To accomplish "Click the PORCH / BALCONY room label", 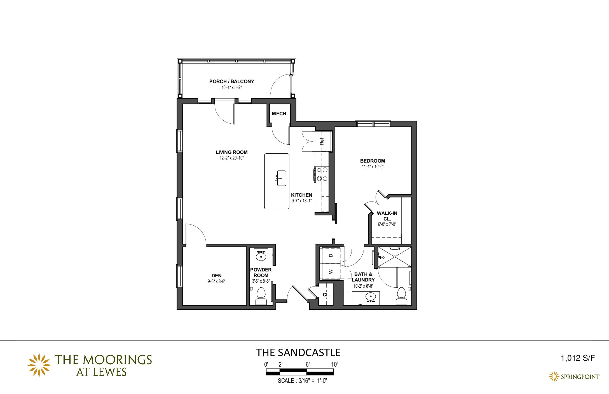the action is [232, 81].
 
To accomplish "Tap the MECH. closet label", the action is [280, 114].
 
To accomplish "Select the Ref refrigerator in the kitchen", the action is [322, 141].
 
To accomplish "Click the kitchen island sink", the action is [281, 178].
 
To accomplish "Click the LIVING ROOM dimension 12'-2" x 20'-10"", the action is [232, 158].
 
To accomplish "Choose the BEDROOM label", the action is [373, 161].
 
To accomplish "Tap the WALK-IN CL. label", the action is [387, 216].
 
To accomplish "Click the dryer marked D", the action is [331, 255].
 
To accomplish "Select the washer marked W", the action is [331, 271].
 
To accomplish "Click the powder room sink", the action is [261, 256].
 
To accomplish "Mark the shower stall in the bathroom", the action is [395, 257].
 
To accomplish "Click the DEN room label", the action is [217, 276].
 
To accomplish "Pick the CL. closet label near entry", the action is [326, 295].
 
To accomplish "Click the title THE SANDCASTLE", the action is [298, 353].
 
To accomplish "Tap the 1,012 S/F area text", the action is [578, 358].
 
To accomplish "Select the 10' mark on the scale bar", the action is [334, 365].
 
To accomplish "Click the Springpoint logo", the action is [574, 377].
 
